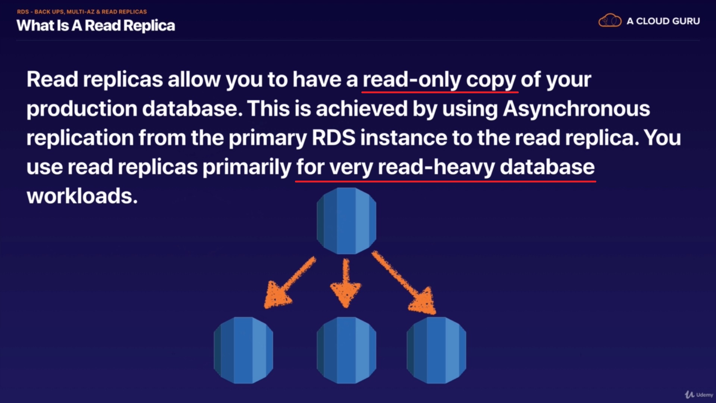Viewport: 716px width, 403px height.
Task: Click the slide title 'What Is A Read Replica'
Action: [96, 26]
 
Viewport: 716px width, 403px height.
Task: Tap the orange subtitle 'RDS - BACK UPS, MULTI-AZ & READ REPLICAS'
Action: [82, 12]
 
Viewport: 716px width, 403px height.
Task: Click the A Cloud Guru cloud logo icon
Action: [610, 21]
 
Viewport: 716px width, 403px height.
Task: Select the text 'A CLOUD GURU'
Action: [663, 21]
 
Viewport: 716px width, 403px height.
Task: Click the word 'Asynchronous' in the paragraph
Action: [576, 109]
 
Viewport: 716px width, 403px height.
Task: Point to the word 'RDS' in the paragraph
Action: [333, 138]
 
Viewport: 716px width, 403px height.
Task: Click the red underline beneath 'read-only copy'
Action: [440, 91]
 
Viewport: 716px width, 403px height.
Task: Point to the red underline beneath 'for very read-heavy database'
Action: [445, 181]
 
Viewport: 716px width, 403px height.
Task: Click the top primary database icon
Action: [346, 221]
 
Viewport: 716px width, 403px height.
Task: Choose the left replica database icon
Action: [244, 350]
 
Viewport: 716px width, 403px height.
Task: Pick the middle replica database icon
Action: [346, 350]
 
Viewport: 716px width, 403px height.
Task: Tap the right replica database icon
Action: [436, 350]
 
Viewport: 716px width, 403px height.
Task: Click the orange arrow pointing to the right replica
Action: [405, 284]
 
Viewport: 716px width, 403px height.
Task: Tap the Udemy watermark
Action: [699, 395]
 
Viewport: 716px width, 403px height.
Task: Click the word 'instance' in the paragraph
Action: [403, 138]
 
